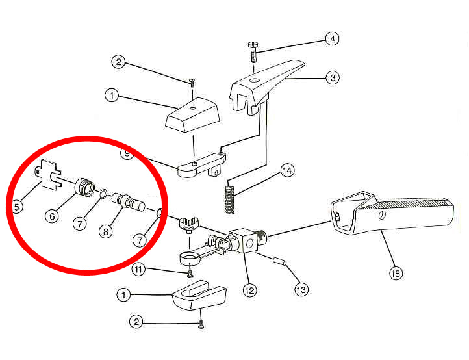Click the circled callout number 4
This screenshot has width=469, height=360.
(x=333, y=38)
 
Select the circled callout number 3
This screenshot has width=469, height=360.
(x=333, y=78)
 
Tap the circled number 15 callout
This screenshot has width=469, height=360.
(x=396, y=273)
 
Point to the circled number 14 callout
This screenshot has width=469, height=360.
(x=287, y=170)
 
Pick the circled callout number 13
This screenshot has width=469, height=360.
(x=301, y=289)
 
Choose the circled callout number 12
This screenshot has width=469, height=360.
(x=249, y=290)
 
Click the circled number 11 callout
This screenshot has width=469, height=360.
(x=138, y=270)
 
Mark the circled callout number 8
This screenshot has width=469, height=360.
(x=106, y=231)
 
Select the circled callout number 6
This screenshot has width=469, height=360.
(x=53, y=216)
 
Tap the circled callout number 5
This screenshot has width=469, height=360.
(x=16, y=207)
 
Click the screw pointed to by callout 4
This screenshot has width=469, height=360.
(x=253, y=52)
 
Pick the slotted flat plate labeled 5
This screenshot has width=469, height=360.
(x=48, y=174)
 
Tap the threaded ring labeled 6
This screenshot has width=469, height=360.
(x=84, y=187)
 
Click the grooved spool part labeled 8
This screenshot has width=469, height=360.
(x=129, y=202)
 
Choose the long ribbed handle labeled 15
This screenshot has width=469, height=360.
(x=392, y=212)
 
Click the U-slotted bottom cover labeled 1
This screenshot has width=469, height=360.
(x=199, y=294)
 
